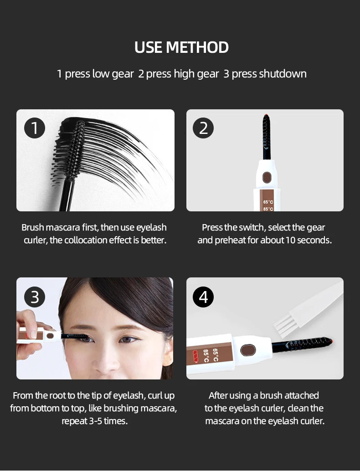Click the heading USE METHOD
181,47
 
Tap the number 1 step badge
35,128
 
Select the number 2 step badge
203,128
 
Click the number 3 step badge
35,297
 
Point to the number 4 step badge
203,297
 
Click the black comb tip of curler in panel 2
266,134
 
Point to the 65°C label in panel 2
268,202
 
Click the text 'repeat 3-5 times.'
94,421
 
